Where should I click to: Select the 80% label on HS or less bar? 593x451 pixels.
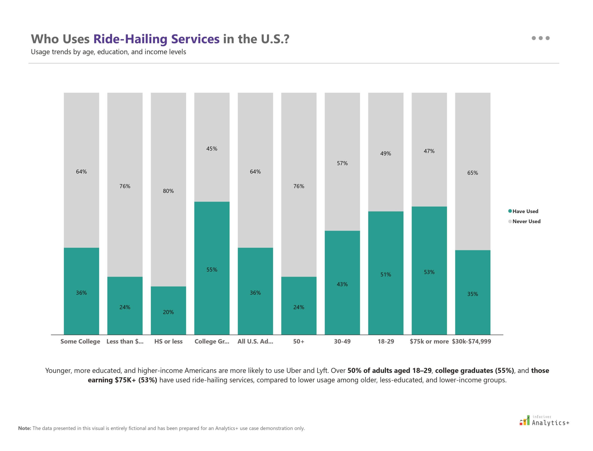pyautogui.click(x=168, y=191)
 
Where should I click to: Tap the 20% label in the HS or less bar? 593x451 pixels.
pyautogui.click(x=168, y=312)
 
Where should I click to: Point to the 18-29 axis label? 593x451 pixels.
pyautogui.click(x=386, y=342)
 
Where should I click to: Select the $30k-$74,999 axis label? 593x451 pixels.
pyautogui.click(x=471, y=342)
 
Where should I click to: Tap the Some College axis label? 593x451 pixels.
pyautogui.click(x=80, y=342)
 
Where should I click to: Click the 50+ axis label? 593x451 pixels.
pyautogui.click(x=299, y=342)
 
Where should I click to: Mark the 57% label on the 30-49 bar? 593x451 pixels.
pyautogui.click(x=342, y=163)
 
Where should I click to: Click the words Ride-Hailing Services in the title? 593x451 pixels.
pyautogui.click(x=156, y=39)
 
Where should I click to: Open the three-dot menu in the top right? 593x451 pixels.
pyautogui.click(x=540, y=38)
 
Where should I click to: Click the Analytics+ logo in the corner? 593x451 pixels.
pyautogui.click(x=544, y=421)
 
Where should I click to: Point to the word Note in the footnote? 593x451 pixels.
pyautogui.click(x=24, y=428)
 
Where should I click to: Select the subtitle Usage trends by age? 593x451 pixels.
pyautogui.click(x=108, y=52)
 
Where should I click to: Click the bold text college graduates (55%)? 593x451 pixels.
pyautogui.click(x=474, y=371)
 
